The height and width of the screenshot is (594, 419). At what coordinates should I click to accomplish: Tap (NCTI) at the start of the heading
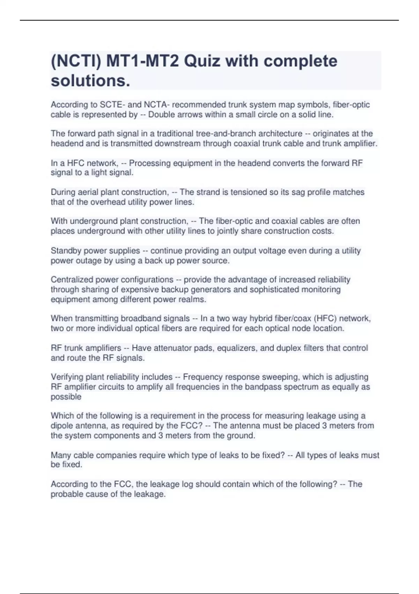(76, 61)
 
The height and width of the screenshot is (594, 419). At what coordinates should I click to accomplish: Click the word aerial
(89, 192)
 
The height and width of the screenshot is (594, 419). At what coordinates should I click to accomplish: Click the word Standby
(66, 251)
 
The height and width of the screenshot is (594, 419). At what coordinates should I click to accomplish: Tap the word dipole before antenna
(62, 426)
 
